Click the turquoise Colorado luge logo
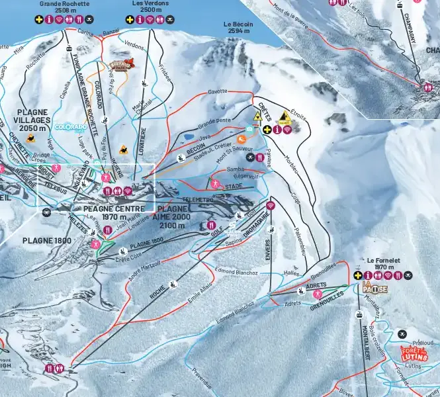click(71, 126)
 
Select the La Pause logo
click(374, 288)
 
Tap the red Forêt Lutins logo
click(414, 354)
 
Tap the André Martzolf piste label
click(144, 271)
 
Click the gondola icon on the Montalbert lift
click(359, 315)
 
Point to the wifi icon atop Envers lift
click(270, 206)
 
